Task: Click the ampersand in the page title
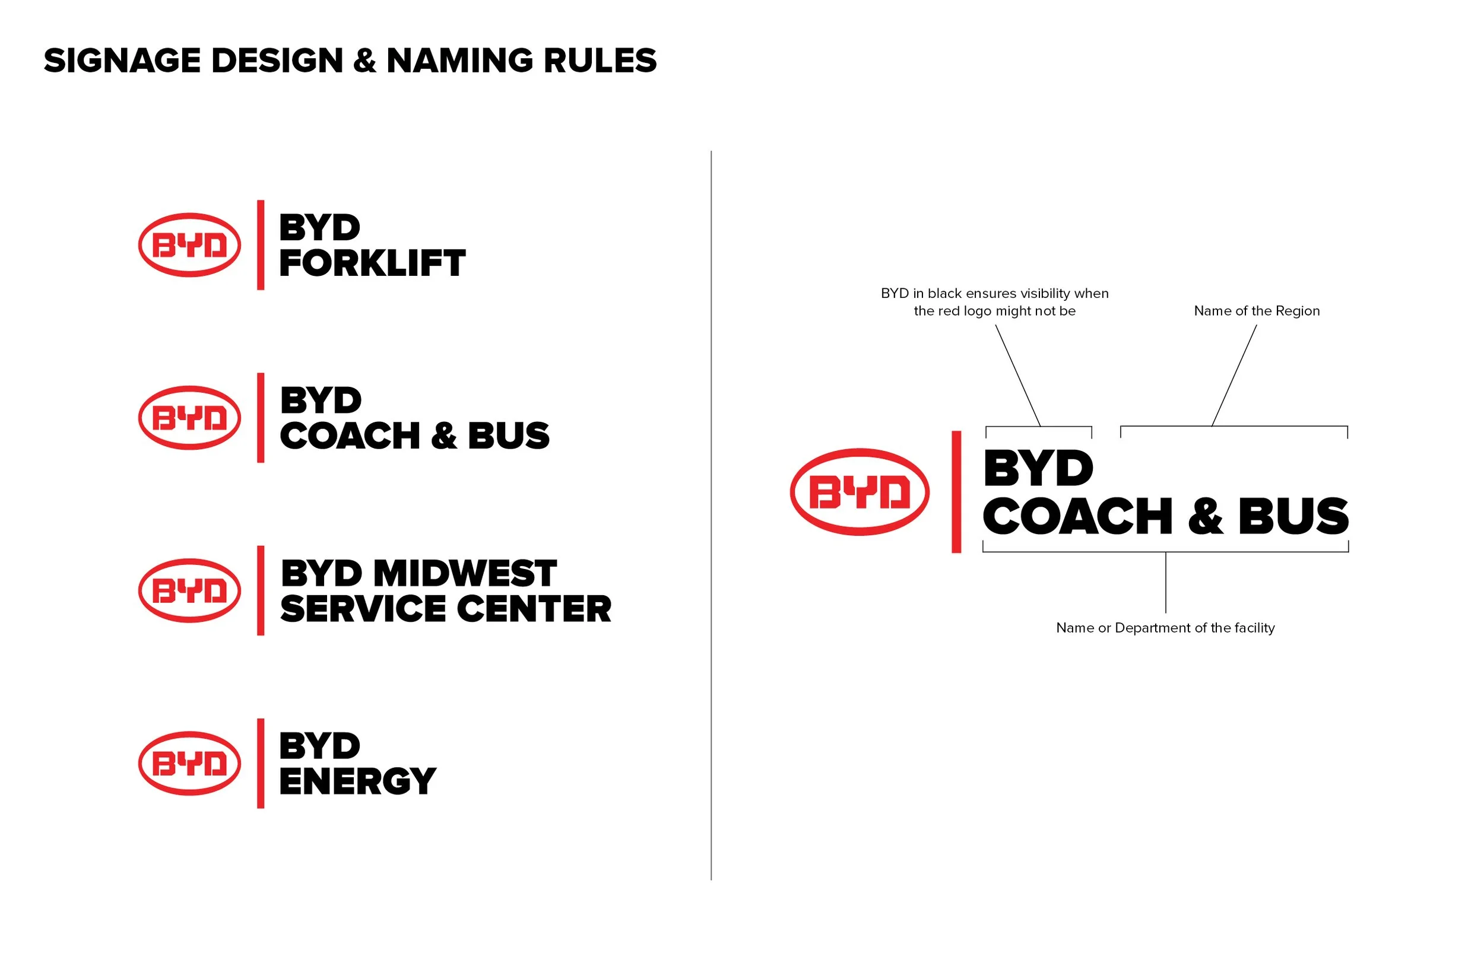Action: (x=364, y=61)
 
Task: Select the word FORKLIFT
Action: (x=372, y=263)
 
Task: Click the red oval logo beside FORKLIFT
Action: (x=189, y=245)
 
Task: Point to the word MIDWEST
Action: (x=465, y=574)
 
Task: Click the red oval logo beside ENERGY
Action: (x=189, y=764)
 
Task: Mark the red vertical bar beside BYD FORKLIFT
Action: (x=261, y=245)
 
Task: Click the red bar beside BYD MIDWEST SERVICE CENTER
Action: (x=261, y=590)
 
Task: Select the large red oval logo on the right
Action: (x=860, y=492)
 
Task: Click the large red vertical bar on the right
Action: (x=956, y=492)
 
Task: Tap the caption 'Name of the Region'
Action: (x=1257, y=311)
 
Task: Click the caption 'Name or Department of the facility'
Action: (x=1165, y=628)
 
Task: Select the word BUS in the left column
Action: (x=509, y=436)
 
